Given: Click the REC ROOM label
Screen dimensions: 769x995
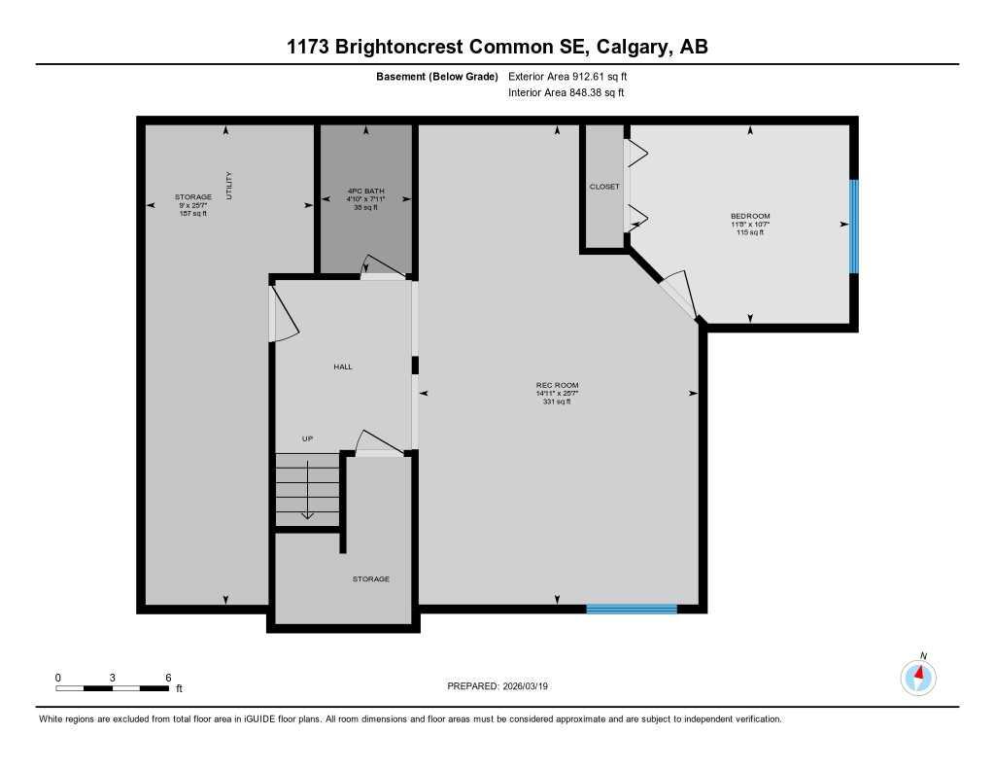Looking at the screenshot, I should pos(557,385).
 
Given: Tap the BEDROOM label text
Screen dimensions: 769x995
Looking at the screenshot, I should pos(750,216).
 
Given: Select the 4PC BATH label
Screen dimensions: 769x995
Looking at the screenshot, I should pos(365,191).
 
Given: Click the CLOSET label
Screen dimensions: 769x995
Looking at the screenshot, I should pos(604,187).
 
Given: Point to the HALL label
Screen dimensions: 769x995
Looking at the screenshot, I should pos(343,367).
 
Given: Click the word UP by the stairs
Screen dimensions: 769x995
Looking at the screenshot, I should pos(307,439).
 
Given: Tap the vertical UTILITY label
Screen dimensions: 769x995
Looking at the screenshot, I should pos(229,186).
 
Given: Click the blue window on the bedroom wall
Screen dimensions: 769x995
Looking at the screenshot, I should pos(854,227).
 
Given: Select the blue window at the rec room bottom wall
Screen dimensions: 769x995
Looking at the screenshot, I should pos(632,610).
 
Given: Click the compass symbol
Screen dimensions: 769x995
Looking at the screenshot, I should pos(918,675).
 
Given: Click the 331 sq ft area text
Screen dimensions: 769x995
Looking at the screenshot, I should pos(557,402).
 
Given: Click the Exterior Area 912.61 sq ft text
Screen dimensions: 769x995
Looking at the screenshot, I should pos(574,76).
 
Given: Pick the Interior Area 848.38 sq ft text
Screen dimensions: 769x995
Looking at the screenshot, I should pos(566,93).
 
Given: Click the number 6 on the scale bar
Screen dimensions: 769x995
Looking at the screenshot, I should pos(168,677).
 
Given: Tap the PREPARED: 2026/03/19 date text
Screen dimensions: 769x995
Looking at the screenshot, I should pos(504,685).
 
